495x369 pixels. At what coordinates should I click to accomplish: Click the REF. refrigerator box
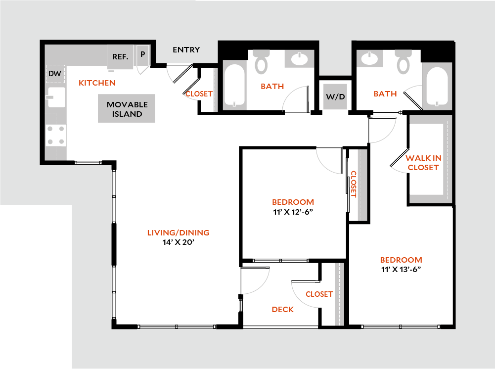point(120,57)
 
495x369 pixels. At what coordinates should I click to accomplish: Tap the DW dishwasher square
point(55,74)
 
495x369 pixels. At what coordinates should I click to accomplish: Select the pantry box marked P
point(142,54)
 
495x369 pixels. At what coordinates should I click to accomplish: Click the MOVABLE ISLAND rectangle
point(127,109)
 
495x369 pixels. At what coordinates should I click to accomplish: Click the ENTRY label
point(186,49)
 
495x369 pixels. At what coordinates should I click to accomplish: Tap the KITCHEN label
point(97,83)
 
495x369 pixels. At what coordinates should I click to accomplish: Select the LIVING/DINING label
point(178,232)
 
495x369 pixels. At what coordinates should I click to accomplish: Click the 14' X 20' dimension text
point(178,242)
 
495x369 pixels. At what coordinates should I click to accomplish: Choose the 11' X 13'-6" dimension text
point(401,270)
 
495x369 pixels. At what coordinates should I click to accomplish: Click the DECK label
point(282,310)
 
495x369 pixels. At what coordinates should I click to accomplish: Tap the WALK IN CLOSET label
point(423,163)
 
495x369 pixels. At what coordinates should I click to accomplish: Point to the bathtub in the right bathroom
point(437,87)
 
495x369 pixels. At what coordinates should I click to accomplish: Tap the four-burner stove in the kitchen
point(56,135)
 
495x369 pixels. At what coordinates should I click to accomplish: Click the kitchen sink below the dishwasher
point(55,97)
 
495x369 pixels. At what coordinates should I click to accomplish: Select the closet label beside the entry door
point(199,93)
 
